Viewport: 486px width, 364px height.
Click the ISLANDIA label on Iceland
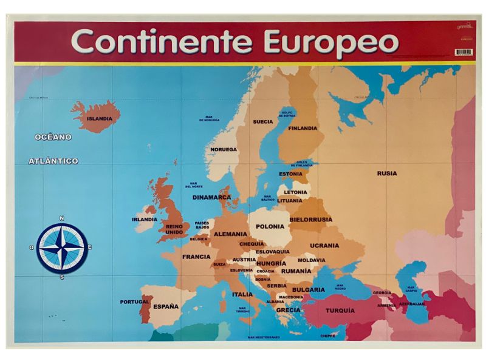click(99, 120)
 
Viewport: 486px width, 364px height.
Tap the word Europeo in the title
click(331, 42)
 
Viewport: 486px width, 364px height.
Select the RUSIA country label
click(387, 174)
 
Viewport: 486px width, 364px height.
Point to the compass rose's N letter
click(62, 218)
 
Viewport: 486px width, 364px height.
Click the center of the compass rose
click(62, 248)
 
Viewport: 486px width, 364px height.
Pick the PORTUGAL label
click(134, 302)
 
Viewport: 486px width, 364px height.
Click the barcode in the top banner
click(464, 52)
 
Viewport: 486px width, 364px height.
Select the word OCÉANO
click(53, 137)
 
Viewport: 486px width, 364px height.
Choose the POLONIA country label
click(270, 226)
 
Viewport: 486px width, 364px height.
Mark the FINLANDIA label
click(303, 128)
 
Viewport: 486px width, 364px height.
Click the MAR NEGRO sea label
click(340, 287)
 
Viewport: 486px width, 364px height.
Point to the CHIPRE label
click(328, 335)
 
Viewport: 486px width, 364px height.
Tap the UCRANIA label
click(324, 246)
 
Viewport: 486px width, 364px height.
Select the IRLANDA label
click(145, 219)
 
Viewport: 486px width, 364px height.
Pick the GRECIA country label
click(289, 310)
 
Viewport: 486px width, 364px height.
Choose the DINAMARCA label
click(212, 197)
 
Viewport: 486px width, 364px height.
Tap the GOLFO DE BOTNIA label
click(287, 113)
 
